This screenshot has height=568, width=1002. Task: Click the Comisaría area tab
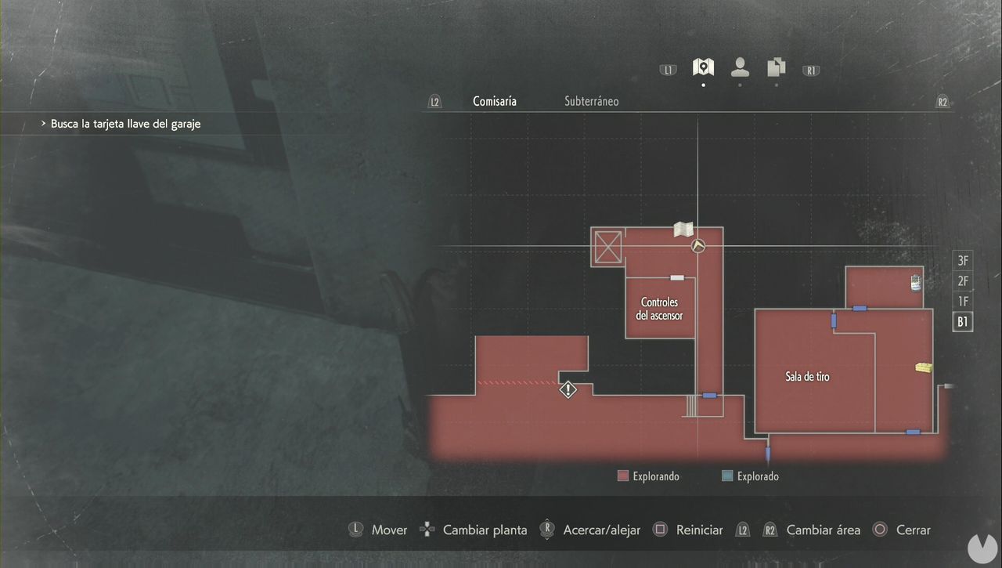pyautogui.click(x=494, y=102)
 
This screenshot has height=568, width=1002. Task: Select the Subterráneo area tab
pyautogui.click(x=591, y=102)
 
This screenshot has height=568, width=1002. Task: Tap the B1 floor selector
pyautogui.click(x=963, y=322)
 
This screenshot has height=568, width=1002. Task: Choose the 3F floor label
pyautogui.click(x=963, y=261)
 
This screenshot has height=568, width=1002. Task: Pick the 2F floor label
pyautogui.click(x=963, y=281)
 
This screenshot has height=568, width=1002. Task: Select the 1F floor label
pyautogui.click(x=963, y=301)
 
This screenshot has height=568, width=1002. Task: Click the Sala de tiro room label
pyautogui.click(x=807, y=377)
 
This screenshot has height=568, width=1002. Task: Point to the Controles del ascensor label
pyautogui.click(x=659, y=309)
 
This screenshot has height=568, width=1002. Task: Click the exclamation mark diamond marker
pyautogui.click(x=568, y=389)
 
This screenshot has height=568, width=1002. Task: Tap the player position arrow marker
pyautogui.click(x=698, y=246)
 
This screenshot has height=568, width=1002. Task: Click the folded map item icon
pyautogui.click(x=683, y=230)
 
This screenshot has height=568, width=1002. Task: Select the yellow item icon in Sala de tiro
pyautogui.click(x=924, y=368)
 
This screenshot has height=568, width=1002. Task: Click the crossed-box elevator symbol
pyautogui.click(x=608, y=247)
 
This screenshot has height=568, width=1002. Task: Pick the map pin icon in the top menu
pyautogui.click(x=703, y=67)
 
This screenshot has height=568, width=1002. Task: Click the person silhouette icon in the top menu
pyautogui.click(x=740, y=67)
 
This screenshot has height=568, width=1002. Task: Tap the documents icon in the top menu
pyautogui.click(x=776, y=67)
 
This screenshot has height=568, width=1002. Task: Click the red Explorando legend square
pyautogui.click(x=622, y=476)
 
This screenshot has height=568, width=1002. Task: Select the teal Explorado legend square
pyautogui.click(x=727, y=476)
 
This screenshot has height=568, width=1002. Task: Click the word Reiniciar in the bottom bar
pyautogui.click(x=699, y=530)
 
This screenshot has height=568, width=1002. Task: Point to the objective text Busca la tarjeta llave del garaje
pyautogui.click(x=125, y=124)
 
